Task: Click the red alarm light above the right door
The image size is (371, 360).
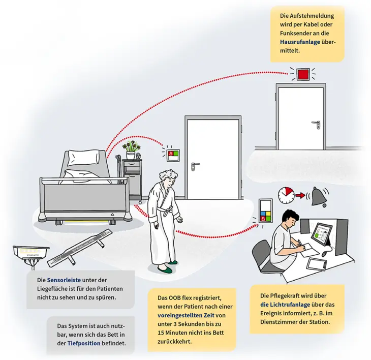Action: pos(303,74)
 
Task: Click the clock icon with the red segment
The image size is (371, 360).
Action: pos(286,194)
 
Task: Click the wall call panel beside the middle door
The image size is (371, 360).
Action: pos(172,152)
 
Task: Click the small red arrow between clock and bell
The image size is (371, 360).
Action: pos(302,195)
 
